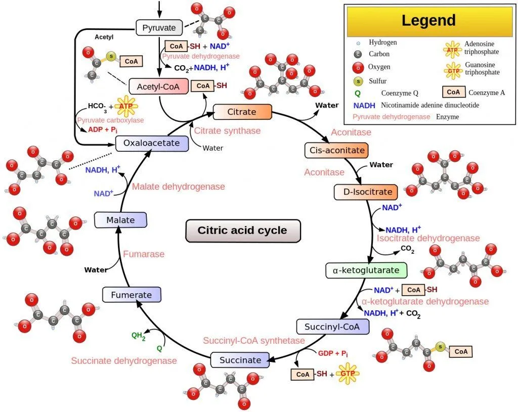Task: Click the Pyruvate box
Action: click(x=159, y=27)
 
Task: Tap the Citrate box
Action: click(x=242, y=112)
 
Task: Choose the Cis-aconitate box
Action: click(x=335, y=150)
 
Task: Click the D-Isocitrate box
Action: click(x=366, y=192)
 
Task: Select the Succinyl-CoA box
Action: click(x=333, y=327)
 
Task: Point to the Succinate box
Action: click(x=240, y=360)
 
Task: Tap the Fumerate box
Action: click(x=131, y=295)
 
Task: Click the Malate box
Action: click(x=120, y=220)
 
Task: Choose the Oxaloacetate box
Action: click(x=151, y=143)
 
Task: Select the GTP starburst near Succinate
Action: click(x=347, y=375)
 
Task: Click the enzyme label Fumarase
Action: click(x=144, y=254)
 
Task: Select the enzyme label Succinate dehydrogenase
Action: click(x=124, y=360)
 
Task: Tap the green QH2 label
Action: click(x=138, y=336)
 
